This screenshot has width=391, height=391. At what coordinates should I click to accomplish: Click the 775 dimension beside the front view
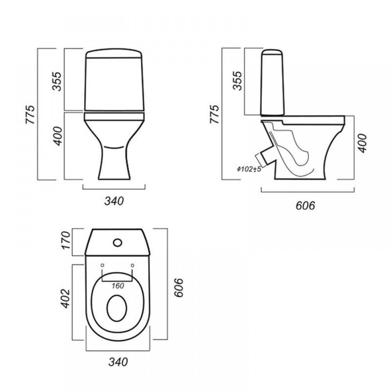coord(30,115)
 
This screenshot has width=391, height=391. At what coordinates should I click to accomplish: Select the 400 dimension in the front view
coord(58,136)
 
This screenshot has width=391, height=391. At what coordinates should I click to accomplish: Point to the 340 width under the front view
coord(114,201)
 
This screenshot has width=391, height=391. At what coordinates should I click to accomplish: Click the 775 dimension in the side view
coord(214,114)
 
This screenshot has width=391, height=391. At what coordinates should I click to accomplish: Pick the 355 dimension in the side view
coord(237,81)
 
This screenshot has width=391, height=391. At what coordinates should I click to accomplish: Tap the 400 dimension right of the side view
coord(363,143)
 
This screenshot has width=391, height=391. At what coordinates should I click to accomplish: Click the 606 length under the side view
coord(305,206)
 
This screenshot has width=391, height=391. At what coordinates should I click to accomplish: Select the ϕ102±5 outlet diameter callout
coord(249,169)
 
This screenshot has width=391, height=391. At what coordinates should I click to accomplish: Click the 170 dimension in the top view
coord(66,240)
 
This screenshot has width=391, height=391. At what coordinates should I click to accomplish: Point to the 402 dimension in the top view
coord(65,298)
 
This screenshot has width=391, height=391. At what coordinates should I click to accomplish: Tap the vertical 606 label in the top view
coord(178,288)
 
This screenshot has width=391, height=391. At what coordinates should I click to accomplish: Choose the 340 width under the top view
coord(118,362)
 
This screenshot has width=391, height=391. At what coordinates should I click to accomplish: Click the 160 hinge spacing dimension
coord(118,286)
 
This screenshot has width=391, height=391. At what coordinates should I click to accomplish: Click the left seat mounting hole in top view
coord(102,265)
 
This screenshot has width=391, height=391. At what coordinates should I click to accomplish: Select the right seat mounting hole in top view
coord(133,265)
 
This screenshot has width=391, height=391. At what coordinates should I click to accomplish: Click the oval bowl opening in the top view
coord(117,308)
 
